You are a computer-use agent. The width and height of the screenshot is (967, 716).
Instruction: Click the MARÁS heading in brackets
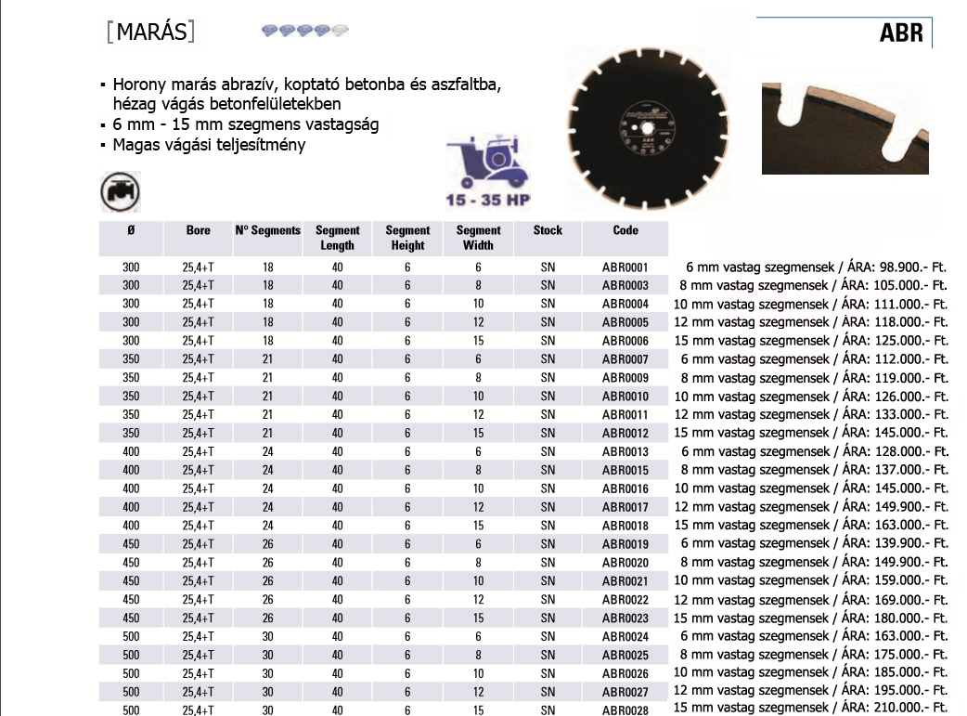(x=151, y=33)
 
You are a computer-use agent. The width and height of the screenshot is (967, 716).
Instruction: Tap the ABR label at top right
(x=901, y=34)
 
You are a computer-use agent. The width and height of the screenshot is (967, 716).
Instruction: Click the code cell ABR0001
(x=625, y=267)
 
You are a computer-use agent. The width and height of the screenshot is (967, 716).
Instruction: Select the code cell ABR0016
(x=625, y=488)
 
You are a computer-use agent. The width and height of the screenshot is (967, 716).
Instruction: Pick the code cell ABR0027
(x=625, y=692)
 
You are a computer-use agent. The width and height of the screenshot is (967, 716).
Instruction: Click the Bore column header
(x=198, y=230)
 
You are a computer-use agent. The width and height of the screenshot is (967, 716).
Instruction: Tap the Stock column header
(x=548, y=230)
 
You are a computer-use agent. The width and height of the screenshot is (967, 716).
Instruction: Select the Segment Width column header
(x=478, y=238)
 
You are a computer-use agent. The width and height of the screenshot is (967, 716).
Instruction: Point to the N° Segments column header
(x=268, y=230)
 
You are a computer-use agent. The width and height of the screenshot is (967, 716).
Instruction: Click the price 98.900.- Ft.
(x=911, y=267)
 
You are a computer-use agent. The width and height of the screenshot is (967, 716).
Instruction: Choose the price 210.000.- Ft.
(x=911, y=709)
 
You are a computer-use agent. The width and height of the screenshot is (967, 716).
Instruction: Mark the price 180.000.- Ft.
(x=911, y=618)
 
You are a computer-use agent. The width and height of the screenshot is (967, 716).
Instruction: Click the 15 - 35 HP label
(x=488, y=200)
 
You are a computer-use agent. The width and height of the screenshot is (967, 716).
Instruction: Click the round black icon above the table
(x=120, y=192)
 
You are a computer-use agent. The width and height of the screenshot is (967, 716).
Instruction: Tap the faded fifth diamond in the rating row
(x=340, y=31)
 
